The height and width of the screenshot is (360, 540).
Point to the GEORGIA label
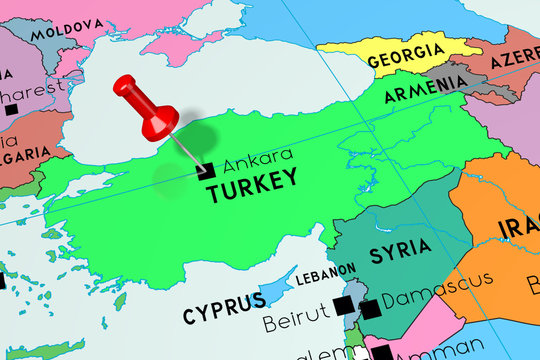point(405,56)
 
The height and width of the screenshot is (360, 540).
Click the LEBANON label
point(325,271)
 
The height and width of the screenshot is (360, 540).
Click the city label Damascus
point(437,289)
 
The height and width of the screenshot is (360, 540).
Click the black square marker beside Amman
point(383,352)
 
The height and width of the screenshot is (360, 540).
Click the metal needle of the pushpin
point(188,150)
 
